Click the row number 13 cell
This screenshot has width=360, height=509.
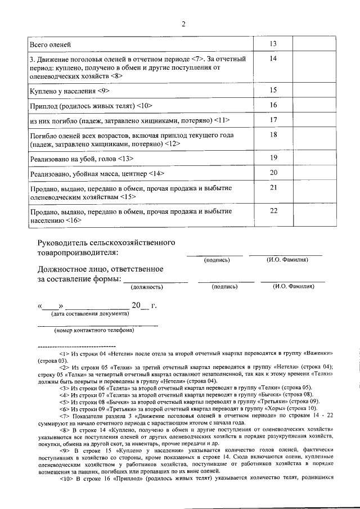[x=273, y=44]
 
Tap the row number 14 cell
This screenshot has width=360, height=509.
[x=273, y=58]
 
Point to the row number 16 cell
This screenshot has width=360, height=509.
[x=273, y=105]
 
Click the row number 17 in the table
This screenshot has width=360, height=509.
[x=273, y=120]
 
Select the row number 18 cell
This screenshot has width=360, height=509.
[x=273, y=134]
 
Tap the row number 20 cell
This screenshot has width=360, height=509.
[x=273, y=173]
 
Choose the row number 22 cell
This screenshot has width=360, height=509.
[x=273, y=211]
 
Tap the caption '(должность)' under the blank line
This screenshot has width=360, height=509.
[x=146, y=287]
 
